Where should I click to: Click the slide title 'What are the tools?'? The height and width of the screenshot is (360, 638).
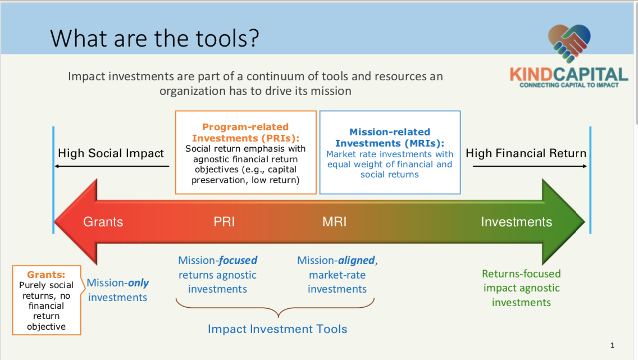pyautogui.click(x=154, y=39)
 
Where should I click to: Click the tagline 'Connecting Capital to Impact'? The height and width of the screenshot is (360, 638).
pyautogui.click(x=569, y=85)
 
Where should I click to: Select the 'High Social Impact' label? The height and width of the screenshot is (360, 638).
pyautogui.click(x=111, y=153)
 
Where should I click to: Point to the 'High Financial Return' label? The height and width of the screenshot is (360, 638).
pyautogui.click(x=526, y=153)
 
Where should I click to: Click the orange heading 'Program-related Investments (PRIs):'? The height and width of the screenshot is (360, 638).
pyautogui.click(x=245, y=133)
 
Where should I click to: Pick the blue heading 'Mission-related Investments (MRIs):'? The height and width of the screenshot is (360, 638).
pyautogui.click(x=389, y=138)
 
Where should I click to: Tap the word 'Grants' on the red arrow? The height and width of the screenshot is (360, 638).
pyautogui.click(x=103, y=222)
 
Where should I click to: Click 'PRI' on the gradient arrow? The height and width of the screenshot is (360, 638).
pyautogui.click(x=224, y=222)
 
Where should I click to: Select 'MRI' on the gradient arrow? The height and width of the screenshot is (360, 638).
pyautogui.click(x=335, y=222)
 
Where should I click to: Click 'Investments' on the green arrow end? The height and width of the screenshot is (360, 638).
pyautogui.click(x=516, y=222)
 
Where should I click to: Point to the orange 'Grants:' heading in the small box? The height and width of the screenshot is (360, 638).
pyautogui.click(x=46, y=275)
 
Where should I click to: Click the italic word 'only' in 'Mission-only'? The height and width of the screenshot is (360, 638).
pyautogui.click(x=138, y=282)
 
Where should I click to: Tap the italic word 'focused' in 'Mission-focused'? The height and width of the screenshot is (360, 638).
pyautogui.click(x=238, y=261)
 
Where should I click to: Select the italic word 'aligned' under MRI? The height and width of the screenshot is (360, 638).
pyautogui.click(x=357, y=261)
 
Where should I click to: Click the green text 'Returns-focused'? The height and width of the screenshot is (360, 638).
pyautogui.click(x=521, y=274)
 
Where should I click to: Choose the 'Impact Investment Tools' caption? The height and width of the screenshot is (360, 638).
pyautogui.click(x=277, y=329)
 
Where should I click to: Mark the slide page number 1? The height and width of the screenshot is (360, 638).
pyautogui.click(x=612, y=345)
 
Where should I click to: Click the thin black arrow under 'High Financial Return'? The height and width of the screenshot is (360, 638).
pyautogui.click(x=530, y=166)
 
